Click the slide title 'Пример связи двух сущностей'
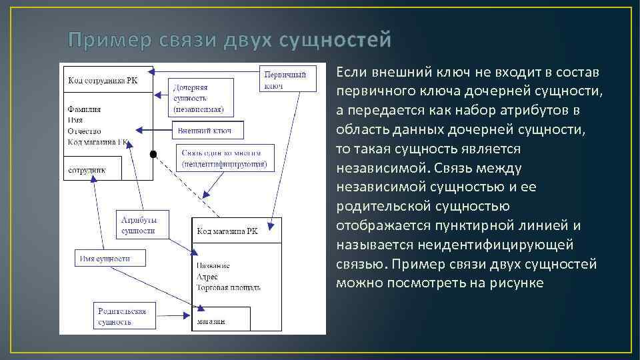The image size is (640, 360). (230, 41)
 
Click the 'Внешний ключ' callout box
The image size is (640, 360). (208, 129)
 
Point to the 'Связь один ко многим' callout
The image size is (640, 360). (225, 157)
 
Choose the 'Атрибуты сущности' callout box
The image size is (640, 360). (143, 225)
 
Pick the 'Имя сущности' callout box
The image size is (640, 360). (106, 258)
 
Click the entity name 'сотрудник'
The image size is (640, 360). (86, 170)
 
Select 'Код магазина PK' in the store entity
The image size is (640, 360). (227, 231)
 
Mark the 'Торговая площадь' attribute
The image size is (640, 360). (229, 287)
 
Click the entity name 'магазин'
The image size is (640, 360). (211, 321)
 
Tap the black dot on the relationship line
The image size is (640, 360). (153, 155)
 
